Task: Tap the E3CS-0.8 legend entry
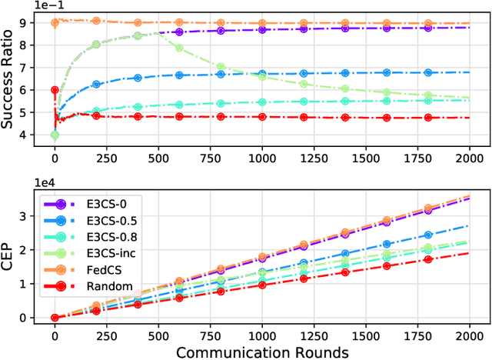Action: click(98, 238)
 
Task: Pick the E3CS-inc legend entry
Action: click(98, 254)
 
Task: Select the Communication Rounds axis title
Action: click(262, 351)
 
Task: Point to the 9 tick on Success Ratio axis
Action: click(33, 22)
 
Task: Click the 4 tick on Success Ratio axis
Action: click(33, 135)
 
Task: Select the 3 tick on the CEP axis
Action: click(33, 216)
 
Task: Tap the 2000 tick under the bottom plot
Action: click(470, 333)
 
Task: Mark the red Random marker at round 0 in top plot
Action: click(55, 90)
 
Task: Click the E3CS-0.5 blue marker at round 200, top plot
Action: click(96, 85)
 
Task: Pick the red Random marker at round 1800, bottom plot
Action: click(428, 260)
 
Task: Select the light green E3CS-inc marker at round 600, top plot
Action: click(179, 48)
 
